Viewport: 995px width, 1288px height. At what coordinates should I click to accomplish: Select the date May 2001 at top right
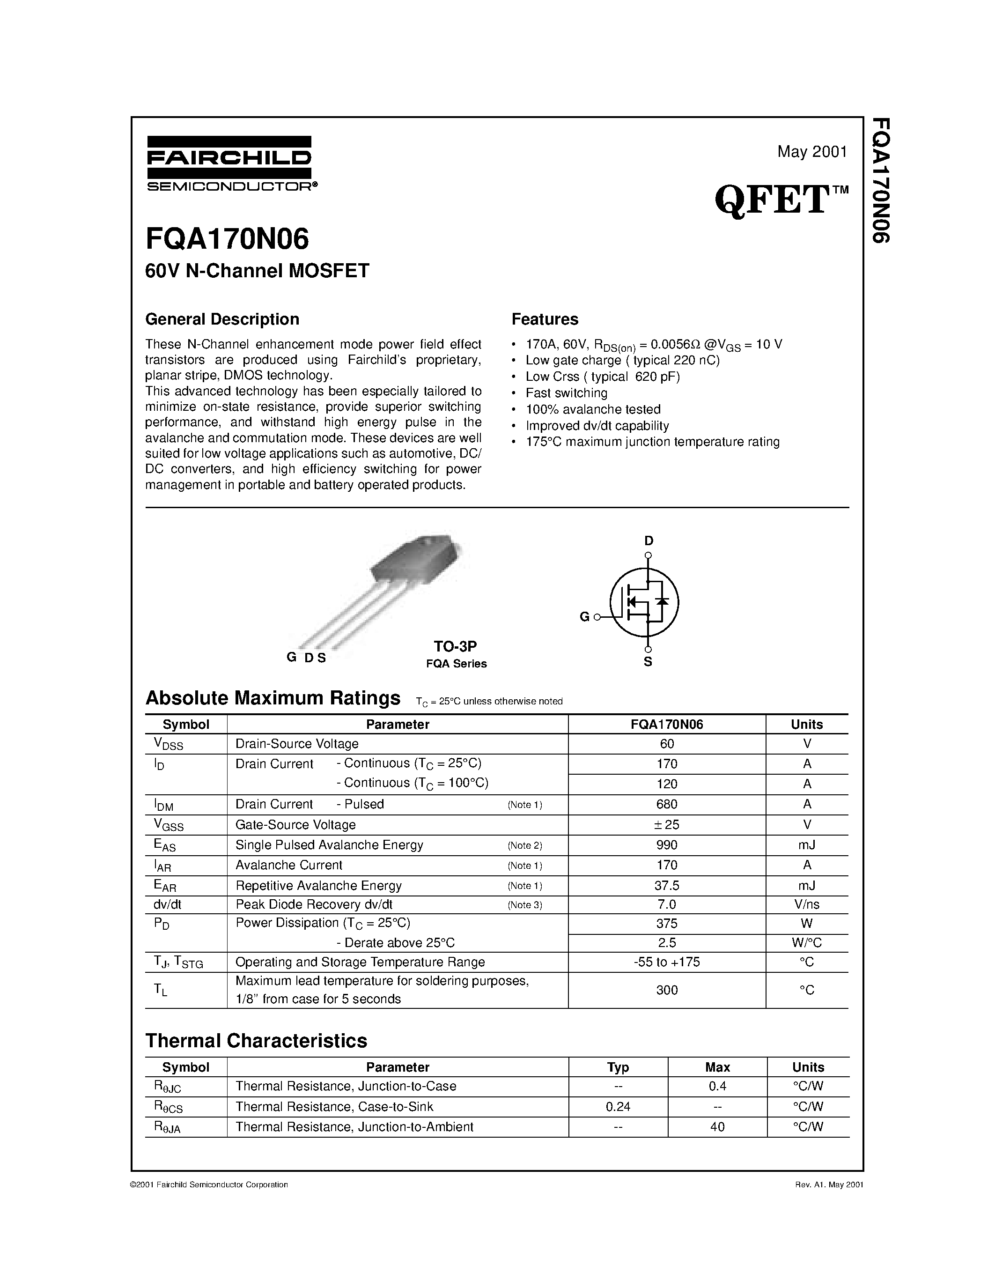[x=811, y=152]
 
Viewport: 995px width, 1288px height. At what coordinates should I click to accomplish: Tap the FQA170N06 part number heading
[x=227, y=240]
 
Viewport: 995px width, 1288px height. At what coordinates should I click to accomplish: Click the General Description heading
[x=222, y=319]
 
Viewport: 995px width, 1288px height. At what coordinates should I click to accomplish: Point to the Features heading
[x=545, y=319]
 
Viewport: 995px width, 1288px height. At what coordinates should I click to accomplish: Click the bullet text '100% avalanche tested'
[x=593, y=409]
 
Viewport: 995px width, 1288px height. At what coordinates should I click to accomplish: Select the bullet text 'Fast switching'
[x=567, y=393]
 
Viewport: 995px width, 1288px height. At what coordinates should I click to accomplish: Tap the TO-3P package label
[x=455, y=646]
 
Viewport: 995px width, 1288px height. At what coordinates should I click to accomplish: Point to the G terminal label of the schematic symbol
[x=584, y=617]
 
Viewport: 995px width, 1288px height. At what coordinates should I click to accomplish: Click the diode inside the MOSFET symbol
[x=663, y=601]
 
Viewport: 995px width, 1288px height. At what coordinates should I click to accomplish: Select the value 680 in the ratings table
[x=667, y=804]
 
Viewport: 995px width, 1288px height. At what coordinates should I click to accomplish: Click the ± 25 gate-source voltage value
[x=667, y=824]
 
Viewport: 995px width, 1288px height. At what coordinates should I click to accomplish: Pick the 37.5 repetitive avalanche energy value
[x=667, y=885]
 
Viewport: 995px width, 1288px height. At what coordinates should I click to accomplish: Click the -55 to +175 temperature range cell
[x=667, y=962]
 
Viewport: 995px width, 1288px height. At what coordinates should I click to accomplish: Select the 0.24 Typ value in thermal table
[x=618, y=1106]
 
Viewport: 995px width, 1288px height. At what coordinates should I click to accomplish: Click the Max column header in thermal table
[x=717, y=1067]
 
